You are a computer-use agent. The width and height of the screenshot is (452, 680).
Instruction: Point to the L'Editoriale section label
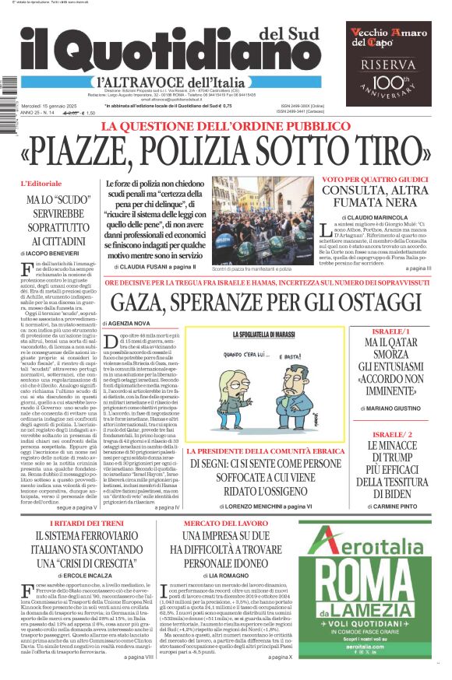[62, 184]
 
